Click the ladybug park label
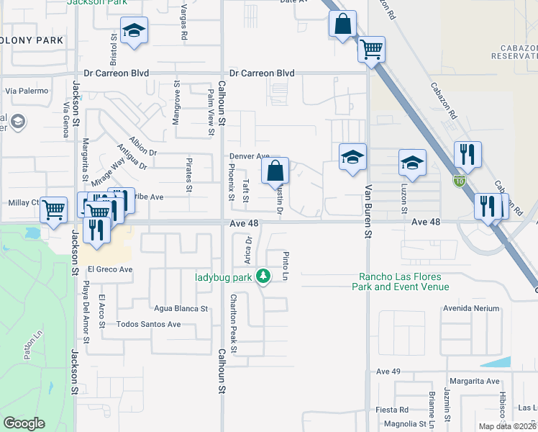click(x=224, y=276)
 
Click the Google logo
click(x=24, y=423)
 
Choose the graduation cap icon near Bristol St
click(x=134, y=31)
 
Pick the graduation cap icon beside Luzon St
click(x=412, y=163)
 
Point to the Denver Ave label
click(x=249, y=156)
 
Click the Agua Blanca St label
click(x=181, y=308)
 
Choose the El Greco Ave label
click(x=110, y=269)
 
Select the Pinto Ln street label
click(x=286, y=266)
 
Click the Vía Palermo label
click(x=27, y=91)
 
